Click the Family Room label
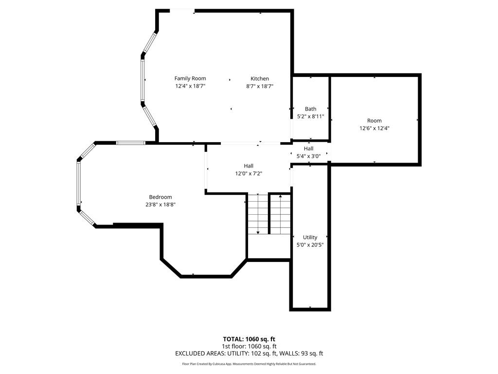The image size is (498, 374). pyautogui.click(x=190, y=78)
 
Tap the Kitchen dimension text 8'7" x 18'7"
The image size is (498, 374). pyautogui.click(x=260, y=86)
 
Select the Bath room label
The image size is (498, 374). pyautogui.click(x=310, y=109)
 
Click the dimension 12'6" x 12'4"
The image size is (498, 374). pyautogui.click(x=374, y=129)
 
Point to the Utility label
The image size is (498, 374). pyautogui.click(x=310, y=238)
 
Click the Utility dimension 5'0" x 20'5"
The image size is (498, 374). pyautogui.click(x=310, y=245)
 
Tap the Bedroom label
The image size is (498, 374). pyautogui.click(x=160, y=197)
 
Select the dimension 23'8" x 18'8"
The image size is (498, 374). pyautogui.click(x=160, y=205)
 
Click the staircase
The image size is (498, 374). pyautogui.click(x=258, y=213)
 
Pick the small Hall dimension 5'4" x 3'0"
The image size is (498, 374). pyautogui.click(x=308, y=156)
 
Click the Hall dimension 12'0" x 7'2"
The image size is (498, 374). pyautogui.click(x=249, y=174)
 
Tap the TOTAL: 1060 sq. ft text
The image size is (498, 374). pyautogui.click(x=249, y=339)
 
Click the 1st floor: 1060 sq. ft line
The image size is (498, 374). pyautogui.click(x=249, y=346)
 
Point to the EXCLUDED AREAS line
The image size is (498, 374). pyautogui.click(x=249, y=354)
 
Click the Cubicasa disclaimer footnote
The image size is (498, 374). pyautogui.click(x=249, y=364)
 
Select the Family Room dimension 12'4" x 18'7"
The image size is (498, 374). pyautogui.click(x=190, y=86)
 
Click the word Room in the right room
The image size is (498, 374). pyautogui.click(x=374, y=121)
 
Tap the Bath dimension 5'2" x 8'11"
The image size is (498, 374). pyautogui.click(x=310, y=117)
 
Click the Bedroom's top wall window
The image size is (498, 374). pyautogui.click(x=130, y=143)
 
